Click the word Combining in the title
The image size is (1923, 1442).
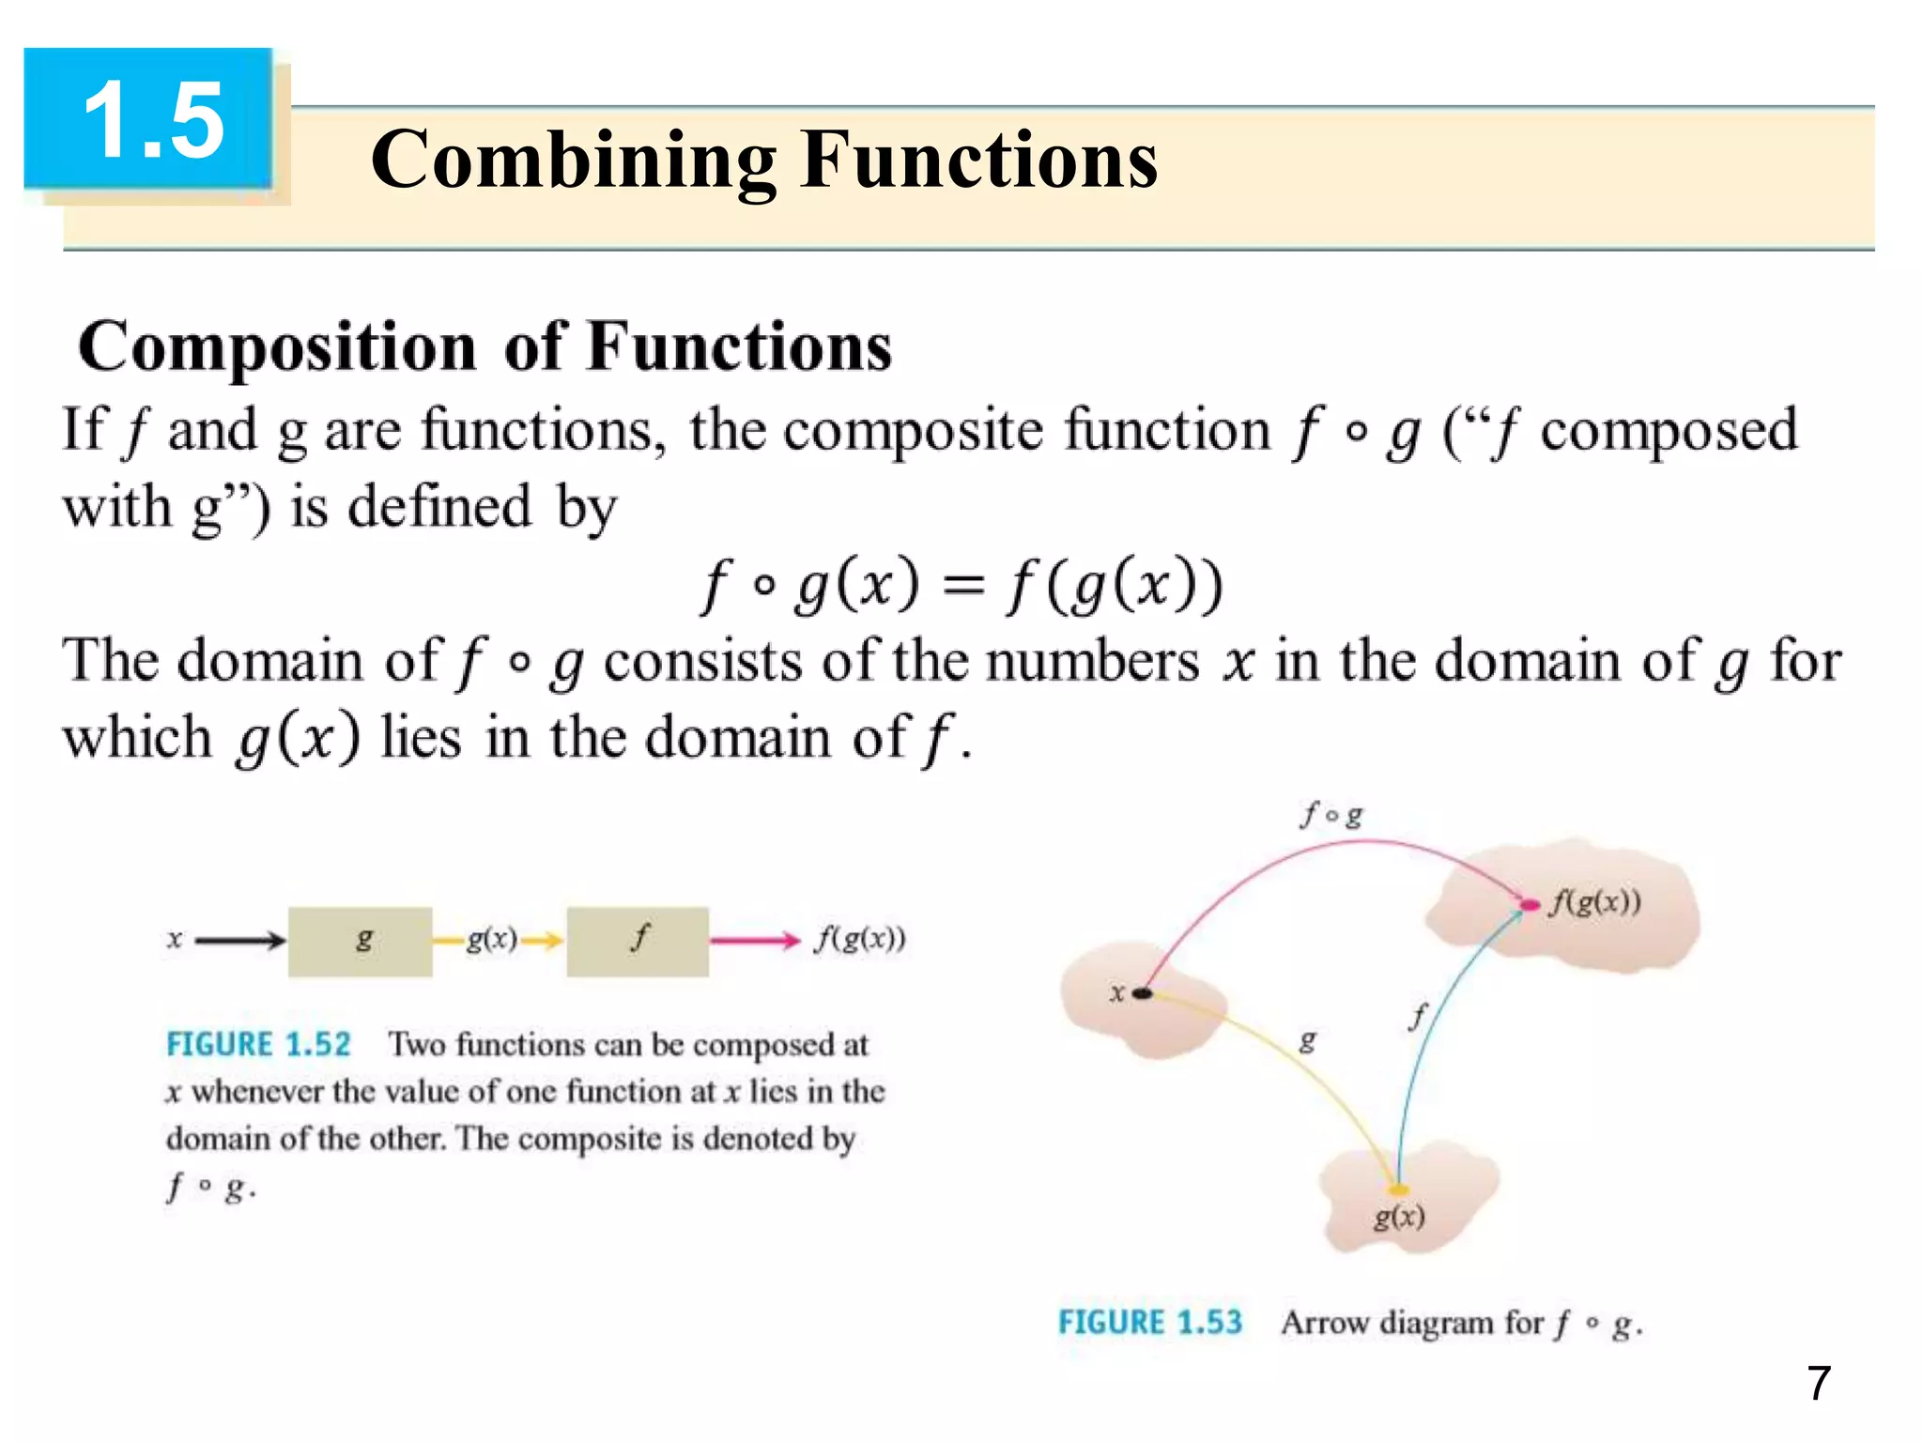[573, 160]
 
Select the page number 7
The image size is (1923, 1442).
[1818, 1383]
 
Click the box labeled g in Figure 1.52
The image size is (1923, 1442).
[361, 941]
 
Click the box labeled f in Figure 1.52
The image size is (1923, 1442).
[638, 941]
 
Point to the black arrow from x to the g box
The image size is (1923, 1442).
[238, 940]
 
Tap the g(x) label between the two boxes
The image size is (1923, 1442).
[492, 938]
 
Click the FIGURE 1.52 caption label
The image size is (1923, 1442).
[258, 1045]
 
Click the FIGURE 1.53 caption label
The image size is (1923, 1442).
[1150, 1323]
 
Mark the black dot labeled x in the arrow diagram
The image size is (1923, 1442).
[1142, 993]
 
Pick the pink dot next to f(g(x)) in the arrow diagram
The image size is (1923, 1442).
[1530, 905]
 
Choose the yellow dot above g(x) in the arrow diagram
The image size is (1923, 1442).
[1398, 1190]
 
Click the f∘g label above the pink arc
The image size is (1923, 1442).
[1331, 815]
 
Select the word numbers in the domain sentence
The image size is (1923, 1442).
[1093, 661]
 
